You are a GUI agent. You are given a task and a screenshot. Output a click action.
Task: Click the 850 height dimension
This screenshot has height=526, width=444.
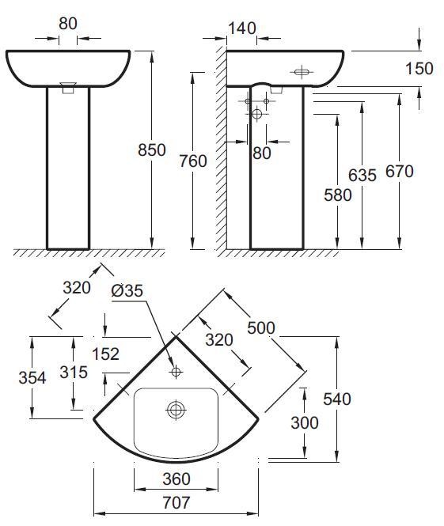[x=151, y=149]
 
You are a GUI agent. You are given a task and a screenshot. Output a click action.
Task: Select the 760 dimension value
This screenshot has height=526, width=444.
[x=192, y=161]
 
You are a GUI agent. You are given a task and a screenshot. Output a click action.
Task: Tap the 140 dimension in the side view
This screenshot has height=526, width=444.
[x=241, y=28]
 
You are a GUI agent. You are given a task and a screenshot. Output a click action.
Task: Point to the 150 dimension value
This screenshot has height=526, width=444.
[x=418, y=69]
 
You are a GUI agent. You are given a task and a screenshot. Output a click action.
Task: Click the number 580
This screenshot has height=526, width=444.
[x=336, y=194]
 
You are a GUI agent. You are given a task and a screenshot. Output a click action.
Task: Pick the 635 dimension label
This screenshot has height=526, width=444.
[x=362, y=176]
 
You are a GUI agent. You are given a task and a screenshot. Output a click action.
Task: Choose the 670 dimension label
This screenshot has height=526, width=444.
[x=400, y=170]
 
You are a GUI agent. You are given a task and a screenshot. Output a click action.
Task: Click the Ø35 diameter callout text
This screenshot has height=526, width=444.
[x=127, y=291]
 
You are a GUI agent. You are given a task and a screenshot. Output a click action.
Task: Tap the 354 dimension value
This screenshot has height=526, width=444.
[x=32, y=377]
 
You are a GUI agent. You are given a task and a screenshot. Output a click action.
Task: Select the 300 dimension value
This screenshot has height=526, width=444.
[x=303, y=423]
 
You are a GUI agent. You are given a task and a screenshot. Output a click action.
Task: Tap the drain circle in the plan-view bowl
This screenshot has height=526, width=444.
[x=175, y=410]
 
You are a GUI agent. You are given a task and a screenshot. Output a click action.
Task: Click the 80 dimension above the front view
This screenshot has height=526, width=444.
[x=68, y=23]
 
